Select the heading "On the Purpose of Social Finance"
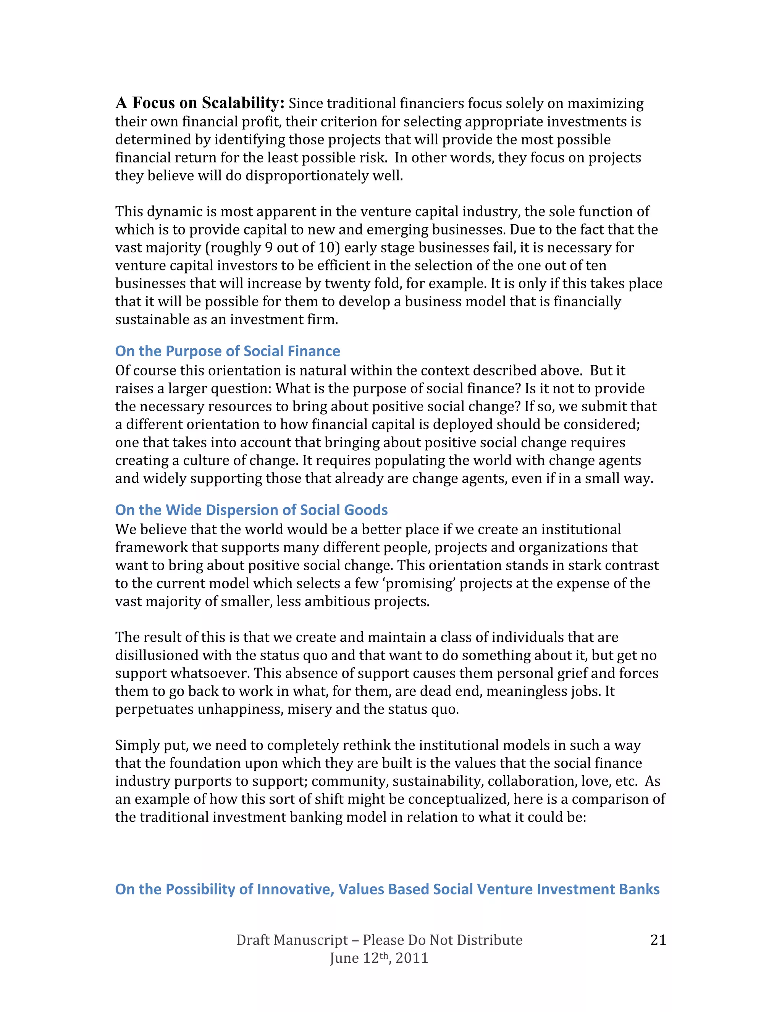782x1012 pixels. (228, 351)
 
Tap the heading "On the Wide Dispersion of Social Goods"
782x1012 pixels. (251, 510)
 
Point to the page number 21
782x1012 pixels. (658, 940)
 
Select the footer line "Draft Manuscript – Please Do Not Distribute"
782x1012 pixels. (379, 940)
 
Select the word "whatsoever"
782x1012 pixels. (210, 673)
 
